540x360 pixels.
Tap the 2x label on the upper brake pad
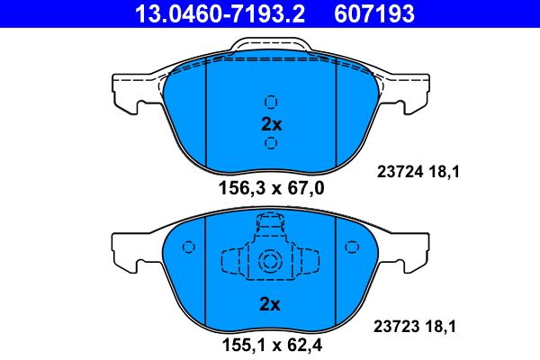[x=271, y=124]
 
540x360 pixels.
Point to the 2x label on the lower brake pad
[x=271, y=304]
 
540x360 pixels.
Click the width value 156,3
[x=238, y=188]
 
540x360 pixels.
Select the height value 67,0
[x=303, y=188]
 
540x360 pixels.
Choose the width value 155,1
[x=239, y=344]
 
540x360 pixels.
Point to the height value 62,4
[x=303, y=344]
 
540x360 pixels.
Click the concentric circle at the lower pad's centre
[x=271, y=262]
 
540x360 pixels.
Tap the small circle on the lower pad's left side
[x=188, y=246]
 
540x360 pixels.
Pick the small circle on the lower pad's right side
[x=350, y=246]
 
